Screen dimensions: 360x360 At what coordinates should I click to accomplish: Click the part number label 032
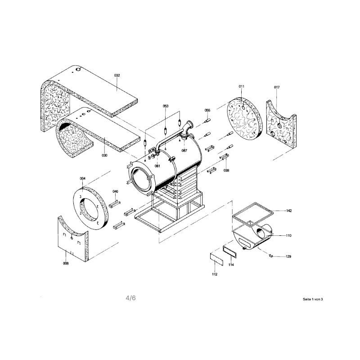(117, 75)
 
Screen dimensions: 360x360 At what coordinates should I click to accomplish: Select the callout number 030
(104, 155)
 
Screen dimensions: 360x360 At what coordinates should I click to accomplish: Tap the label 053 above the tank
(166, 106)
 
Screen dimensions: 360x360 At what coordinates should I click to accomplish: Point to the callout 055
(207, 110)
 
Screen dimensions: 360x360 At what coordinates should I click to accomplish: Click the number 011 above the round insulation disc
(242, 86)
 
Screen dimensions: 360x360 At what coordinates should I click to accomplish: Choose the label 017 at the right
(277, 87)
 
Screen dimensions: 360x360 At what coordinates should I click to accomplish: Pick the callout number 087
(184, 151)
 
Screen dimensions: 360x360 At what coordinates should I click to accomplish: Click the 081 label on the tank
(157, 166)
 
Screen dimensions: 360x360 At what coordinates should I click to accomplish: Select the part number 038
(226, 171)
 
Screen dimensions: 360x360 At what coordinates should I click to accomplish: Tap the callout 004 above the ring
(83, 178)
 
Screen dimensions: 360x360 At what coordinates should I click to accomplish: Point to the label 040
(115, 192)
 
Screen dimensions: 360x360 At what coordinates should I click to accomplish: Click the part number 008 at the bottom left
(66, 263)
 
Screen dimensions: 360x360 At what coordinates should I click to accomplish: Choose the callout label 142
(289, 211)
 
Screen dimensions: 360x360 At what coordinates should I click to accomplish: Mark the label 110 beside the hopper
(288, 235)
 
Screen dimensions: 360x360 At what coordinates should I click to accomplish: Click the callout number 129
(288, 256)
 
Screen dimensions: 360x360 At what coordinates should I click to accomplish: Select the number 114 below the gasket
(231, 265)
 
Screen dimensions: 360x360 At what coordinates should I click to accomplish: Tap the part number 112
(215, 274)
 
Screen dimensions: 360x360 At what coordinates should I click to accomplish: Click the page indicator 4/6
(130, 298)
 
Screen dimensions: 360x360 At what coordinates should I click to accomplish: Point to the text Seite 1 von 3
(313, 299)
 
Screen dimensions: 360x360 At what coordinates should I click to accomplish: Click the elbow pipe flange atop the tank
(190, 124)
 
